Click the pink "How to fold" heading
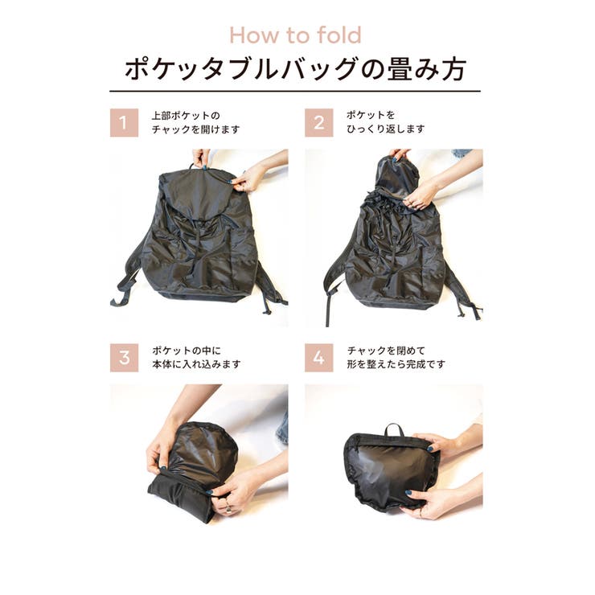pos(295,35)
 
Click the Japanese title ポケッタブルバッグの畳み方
pos(295,69)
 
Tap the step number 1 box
pos(124,122)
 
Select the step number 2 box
pos(318,122)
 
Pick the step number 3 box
pos(124,357)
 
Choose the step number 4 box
pos(318,357)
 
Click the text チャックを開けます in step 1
pos(195,129)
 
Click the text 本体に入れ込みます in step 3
pos(195,364)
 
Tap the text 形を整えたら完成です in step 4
pos(396,364)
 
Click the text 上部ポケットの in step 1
pos(185,115)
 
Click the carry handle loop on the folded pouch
pos(394,429)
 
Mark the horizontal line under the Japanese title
pos(295,91)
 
